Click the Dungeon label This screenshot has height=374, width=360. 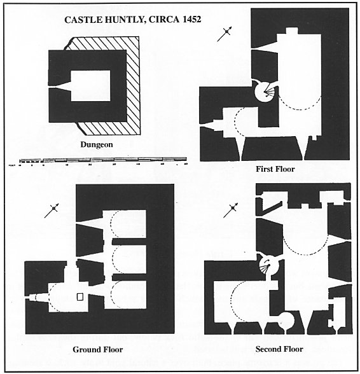(x=96, y=144)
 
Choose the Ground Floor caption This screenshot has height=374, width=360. (x=97, y=349)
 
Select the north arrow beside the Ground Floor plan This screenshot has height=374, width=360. (x=52, y=211)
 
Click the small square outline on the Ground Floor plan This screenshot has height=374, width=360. (x=80, y=296)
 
